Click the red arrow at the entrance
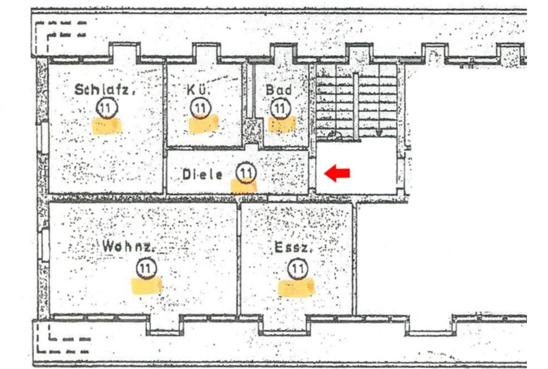[x=337, y=173]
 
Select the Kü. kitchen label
[x=199, y=90]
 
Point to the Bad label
[x=279, y=90]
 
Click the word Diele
[x=202, y=174]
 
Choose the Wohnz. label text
[x=127, y=246]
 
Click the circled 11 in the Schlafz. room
[x=106, y=108]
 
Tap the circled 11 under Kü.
[x=200, y=108]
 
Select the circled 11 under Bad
[x=280, y=108]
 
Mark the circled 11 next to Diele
[x=246, y=172]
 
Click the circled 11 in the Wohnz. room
[x=146, y=268]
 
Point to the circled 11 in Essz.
[x=297, y=269]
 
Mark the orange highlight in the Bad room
[x=282, y=124]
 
